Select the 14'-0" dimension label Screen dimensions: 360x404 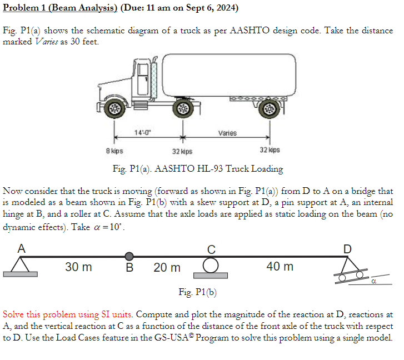click(x=142, y=132)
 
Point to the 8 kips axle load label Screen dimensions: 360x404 click(x=114, y=151)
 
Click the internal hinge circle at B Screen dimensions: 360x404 click(x=129, y=256)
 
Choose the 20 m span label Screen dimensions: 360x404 click(x=167, y=268)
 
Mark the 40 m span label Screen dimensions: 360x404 click(x=280, y=267)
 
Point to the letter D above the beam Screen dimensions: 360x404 click(x=347, y=248)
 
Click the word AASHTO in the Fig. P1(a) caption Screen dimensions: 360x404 click(x=176, y=168)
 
